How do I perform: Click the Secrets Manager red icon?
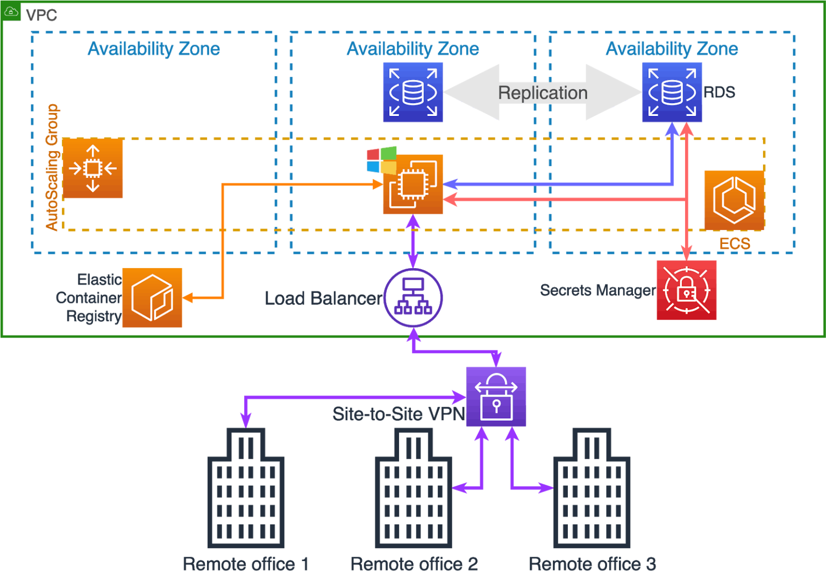pos(686,290)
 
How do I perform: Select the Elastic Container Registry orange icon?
pos(152,298)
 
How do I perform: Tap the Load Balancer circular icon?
pos(413,298)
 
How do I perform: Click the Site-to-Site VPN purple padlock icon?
pos(496,397)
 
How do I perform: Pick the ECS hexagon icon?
pos(734,200)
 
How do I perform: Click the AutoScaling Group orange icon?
pos(93,168)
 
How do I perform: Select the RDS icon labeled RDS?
pos(672,92)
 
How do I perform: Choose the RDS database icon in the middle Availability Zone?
pos(412,92)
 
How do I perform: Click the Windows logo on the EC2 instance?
pos(382,160)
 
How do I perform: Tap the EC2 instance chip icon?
pos(413,185)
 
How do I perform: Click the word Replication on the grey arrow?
pos(543,93)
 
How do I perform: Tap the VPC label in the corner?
pos(41,15)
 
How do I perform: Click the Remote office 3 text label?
pos(592,564)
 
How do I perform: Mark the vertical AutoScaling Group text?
pos(52,167)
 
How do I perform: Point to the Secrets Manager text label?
pos(597,290)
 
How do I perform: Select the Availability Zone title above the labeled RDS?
pos(672,49)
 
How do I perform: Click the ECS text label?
pos(735,244)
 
